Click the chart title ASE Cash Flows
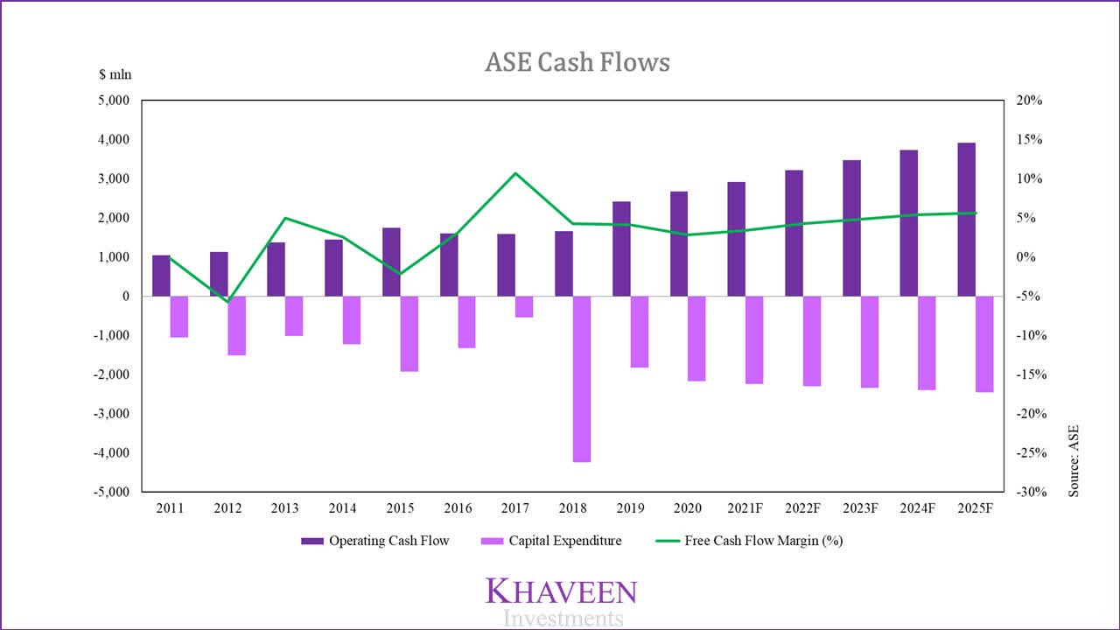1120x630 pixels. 577,62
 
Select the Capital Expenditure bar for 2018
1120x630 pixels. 582,378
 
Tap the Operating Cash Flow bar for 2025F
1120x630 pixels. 966,219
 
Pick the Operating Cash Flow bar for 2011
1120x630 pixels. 161,276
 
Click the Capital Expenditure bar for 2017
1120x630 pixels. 524,306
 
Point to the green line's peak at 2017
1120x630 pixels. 515,173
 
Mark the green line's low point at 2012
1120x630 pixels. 228,302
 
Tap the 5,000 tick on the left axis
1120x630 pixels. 112,101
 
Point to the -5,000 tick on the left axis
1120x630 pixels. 110,492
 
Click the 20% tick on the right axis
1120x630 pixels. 1029,101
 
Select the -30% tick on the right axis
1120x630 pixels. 1027,492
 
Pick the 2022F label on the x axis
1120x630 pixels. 802,508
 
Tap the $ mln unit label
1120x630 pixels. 115,74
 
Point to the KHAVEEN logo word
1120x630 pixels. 561,591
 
